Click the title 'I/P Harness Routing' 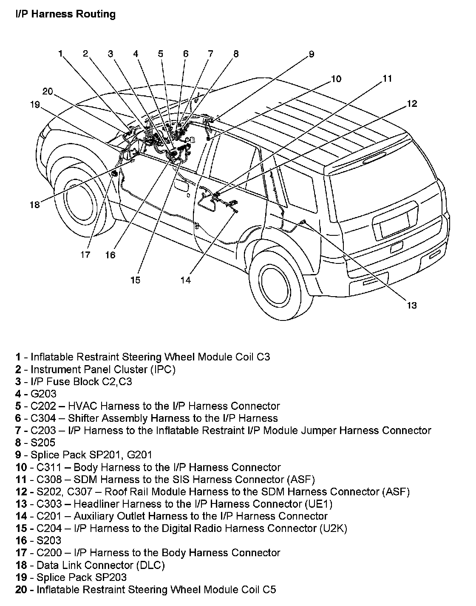pos(65,14)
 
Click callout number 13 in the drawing pos(411,305)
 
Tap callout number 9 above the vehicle pos(311,54)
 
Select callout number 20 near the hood pos(48,91)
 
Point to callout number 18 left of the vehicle pos(34,205)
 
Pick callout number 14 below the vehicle pos(185,280)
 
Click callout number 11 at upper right pos(387,79)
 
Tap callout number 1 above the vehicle pos(60,54)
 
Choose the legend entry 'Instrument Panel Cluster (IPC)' pos(103,369)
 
